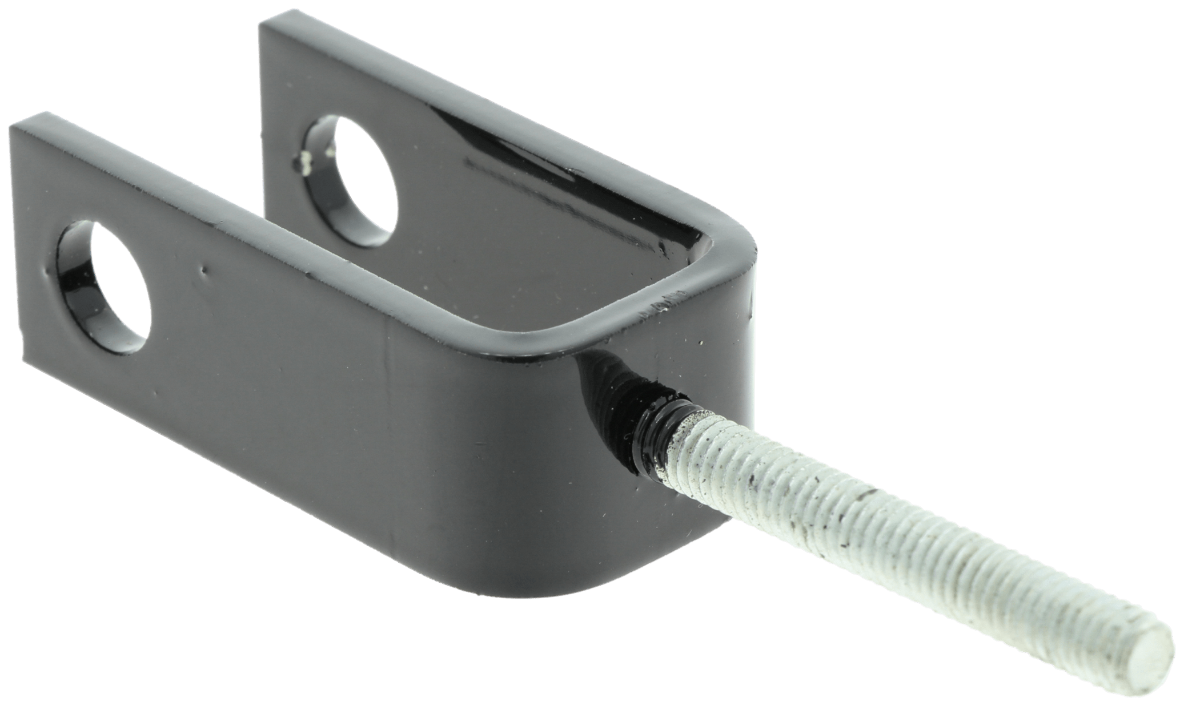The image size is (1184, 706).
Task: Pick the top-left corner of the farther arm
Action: (263, 24)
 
